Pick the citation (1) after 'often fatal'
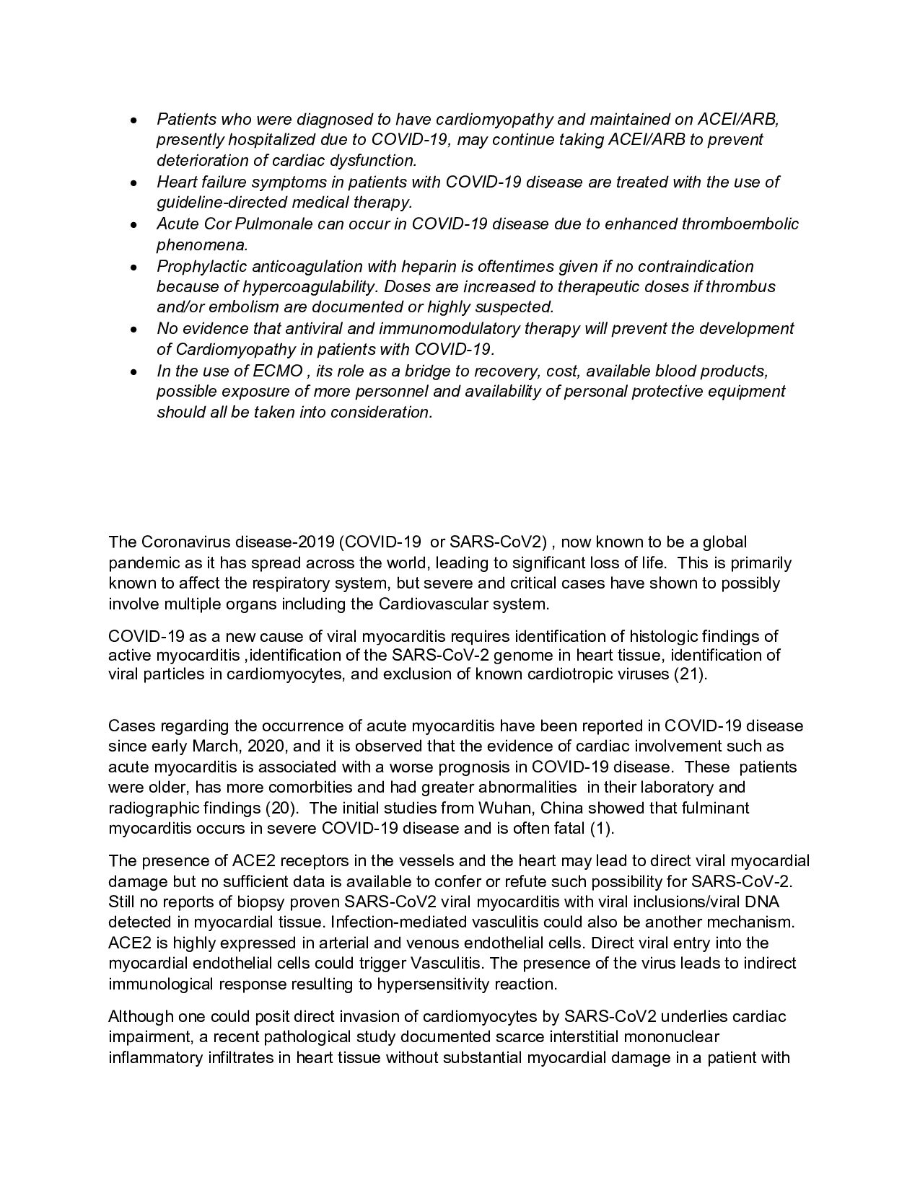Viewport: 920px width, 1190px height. (x=602, y=829)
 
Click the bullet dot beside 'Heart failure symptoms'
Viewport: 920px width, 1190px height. (x=133, y=183)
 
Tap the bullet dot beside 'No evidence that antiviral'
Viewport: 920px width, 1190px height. (x=133, y=330)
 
